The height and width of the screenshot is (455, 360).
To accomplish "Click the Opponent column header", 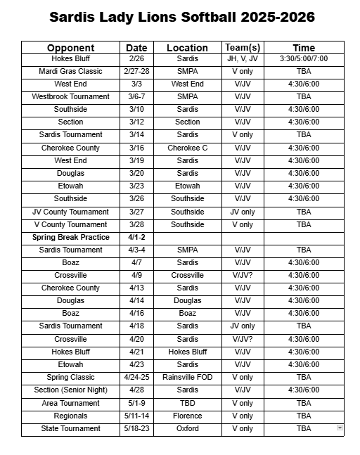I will pyautogui.click(x=70, y=48).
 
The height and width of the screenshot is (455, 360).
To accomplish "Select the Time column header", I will pyautogui.click(x=304, y=48).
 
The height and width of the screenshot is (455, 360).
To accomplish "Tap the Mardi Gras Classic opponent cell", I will pyautogui.click(x=70, y=71).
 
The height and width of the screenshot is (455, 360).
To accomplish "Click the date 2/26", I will pyautogui.click(x=136, y=58).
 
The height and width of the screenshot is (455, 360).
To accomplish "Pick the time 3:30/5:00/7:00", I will pyautogui.click(x=304, y=58).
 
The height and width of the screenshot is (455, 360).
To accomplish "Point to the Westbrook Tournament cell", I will pyautogui.click(x=70, y=96).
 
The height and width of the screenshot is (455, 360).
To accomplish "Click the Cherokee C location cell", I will pyautogui.click(x=187, y=148).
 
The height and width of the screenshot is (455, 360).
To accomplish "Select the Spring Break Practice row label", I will pyautogui.click(x=70, y=237).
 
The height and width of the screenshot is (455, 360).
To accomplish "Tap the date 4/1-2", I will pyautogui.click(x=136, y=237).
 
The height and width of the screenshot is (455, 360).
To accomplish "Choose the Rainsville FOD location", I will pyautogui.click(x=187, y=377).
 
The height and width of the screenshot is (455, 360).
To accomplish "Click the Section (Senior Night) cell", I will pyautogui.click(x=70, y=390).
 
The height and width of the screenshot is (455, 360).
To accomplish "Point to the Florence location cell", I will pyautogui.click(x=187, y=416).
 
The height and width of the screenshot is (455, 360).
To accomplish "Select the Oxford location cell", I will pyautogui.click(x=187, y=428).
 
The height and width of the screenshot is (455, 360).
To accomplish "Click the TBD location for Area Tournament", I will pyautogui.click(x=187, y=403).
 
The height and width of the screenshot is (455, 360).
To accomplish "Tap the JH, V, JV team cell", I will pyautogui.click(x=242, y=58).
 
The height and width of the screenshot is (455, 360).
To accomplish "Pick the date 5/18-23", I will pyautogui.click(x=136, y=428).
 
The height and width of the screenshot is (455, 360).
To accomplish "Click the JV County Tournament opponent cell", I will pyautogui.click(x=70, y=212).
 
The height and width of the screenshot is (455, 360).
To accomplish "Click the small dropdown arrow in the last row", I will pyautogui.click(x=340, y=428).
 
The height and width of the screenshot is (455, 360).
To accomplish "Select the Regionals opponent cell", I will pyautogui.click(x=70, y=416).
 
